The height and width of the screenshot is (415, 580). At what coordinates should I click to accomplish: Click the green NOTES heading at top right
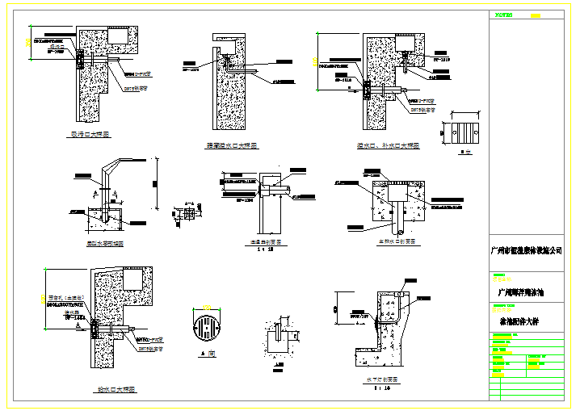tap(503, 15)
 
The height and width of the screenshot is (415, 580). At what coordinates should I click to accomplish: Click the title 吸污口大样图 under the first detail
tap(90, 135)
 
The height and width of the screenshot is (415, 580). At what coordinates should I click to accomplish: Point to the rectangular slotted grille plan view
tap(464, 132)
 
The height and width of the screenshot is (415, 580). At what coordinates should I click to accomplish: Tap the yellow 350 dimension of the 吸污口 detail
tap(28, 40)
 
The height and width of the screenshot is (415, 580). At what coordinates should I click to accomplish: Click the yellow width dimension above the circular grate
tap(208, 307)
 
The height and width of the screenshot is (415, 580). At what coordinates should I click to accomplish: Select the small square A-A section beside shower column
tap(191, 213)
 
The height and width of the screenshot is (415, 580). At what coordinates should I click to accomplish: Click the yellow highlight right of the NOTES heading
tap(535, 15)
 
